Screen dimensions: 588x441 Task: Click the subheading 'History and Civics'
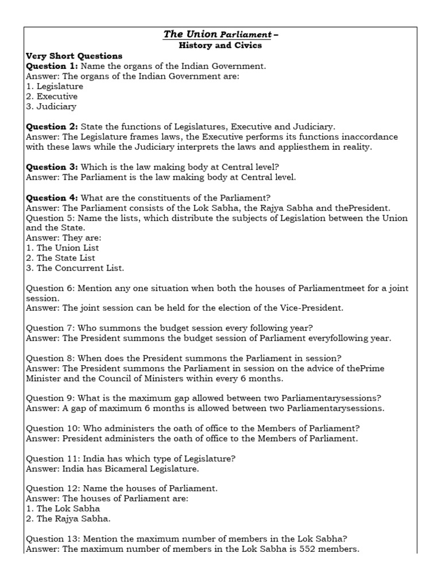pyautogui.click(x=220, y=45)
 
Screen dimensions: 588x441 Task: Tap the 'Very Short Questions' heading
pyautogui.click(x=74, y=56)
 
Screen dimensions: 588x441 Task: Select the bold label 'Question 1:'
pyautogui.click(x=52, y=66)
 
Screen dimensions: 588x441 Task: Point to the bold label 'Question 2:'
pyautogui.click(x=52, y=126)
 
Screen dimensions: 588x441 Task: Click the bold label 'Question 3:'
pyautogui.click(x=52, y=167)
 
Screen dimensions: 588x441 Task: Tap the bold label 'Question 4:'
pyautogui.click(x=52, y=198)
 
